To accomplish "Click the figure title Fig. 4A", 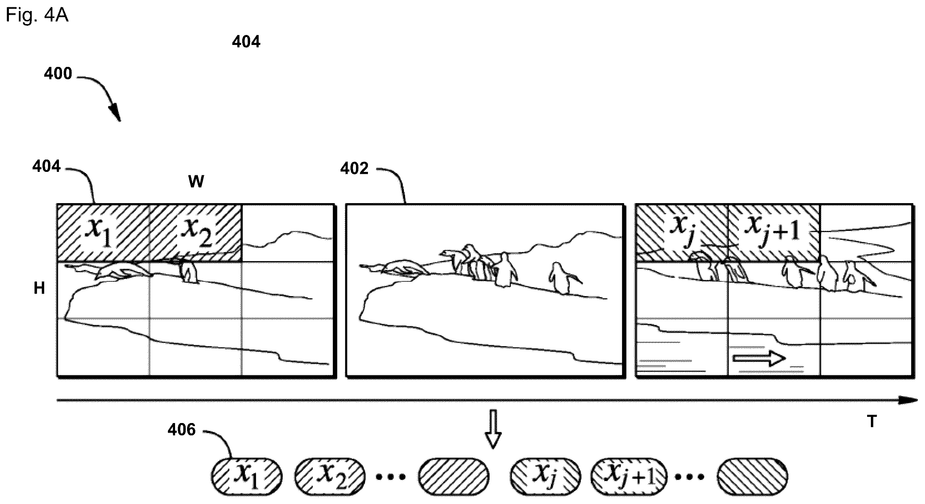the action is click(37, 16).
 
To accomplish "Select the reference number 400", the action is click(58, 73).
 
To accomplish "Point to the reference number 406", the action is click(181, 429).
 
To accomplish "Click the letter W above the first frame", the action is click(196, 182).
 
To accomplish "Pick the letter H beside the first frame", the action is click(39, 288).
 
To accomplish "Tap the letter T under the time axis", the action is click(872, 421).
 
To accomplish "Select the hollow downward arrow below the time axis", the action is click(493, 429).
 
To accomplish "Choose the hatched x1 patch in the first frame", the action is click(103, 233).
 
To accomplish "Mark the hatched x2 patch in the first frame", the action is click(196, 233).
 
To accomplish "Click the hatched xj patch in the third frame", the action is click(682, 233).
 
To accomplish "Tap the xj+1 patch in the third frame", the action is click(774, 233).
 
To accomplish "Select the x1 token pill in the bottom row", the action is click(246, 477).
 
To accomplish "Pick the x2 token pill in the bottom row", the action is click(330, 477).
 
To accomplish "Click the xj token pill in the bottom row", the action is click(545, 477).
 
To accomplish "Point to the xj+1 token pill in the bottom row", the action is click(628, 477).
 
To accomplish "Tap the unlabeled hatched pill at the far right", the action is click(753, 477).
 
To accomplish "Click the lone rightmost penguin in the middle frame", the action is click(562, 278).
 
